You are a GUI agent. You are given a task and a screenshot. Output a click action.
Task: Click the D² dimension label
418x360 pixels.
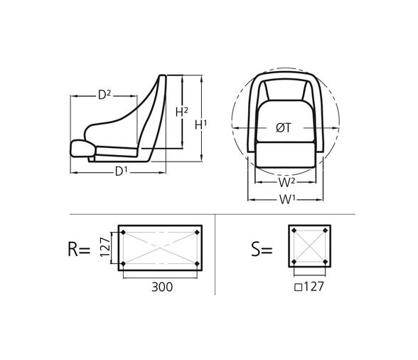pyautogui.click(x=105, y=94)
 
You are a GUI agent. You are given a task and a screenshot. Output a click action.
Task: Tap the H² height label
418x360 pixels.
pyautogui.click(x=182, y=112)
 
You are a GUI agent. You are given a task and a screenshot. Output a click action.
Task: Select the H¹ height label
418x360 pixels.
pyautogui.click(x=201, y=125)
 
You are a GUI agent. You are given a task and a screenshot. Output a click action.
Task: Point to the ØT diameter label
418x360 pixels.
pyautogui.click(x=283, y=128)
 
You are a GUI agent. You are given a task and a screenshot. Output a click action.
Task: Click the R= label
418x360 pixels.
pyautogui.click(x=79, y=250)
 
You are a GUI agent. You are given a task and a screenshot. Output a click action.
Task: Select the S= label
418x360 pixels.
pyautogui.click(x=262, y=250)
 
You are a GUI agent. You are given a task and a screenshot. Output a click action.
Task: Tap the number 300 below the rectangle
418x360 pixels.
pyautogui.click(x=163, y=287)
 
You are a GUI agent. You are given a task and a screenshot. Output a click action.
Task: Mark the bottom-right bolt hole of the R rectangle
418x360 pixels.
pyautogui.click(x=197, y=265)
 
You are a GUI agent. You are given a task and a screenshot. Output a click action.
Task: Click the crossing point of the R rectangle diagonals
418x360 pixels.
pyautogui.click(x=160, y=249)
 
